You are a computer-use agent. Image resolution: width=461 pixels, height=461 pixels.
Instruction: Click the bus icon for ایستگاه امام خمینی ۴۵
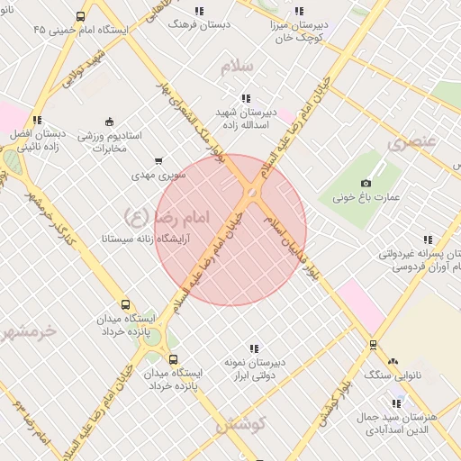[81, 16]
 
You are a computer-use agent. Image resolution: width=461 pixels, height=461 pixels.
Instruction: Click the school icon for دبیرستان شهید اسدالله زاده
[245, 98]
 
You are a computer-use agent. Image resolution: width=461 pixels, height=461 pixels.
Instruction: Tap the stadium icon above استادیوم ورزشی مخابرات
[109, 122]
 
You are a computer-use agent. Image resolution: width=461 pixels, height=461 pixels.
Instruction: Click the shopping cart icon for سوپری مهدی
[159, 161]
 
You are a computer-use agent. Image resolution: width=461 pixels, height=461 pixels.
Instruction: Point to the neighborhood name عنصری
[411, 142]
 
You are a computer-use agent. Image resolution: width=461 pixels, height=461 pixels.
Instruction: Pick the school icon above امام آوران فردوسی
[428, 240]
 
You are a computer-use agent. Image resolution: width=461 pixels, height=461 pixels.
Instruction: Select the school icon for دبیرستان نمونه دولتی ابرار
[255, 348]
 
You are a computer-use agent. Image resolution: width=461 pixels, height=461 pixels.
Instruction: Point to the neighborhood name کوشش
[240, 423]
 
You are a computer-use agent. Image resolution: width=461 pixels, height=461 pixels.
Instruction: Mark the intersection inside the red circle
[250, 193]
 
